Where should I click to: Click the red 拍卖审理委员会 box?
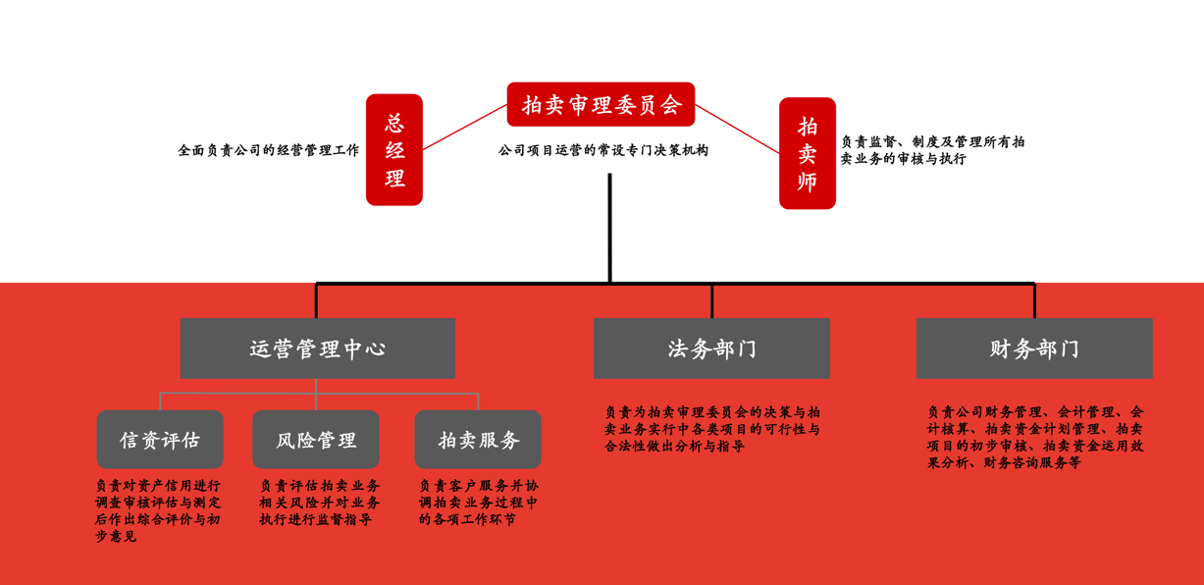pyautogui.click(x=601, y=104)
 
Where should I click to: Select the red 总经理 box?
pyautogui.click(x=394, y=150)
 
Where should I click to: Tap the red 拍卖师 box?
pyautogui.click(x=808, y=153)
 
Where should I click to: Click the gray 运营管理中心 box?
pyautogui.click(x=317, y=348)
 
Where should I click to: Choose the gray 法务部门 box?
pyautogui.click(x=711, y=348)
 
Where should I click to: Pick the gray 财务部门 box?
pyautogui.click(x=1034, y=348)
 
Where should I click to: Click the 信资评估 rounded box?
pyautogui.click(x=160, y=440)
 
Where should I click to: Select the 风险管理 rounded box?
pyautogui.click(x=316, y=440)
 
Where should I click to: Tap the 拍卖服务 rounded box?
pyautogui.click(x=478, y=440)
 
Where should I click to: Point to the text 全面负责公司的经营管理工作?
pyautogui.click(x=269, y=151)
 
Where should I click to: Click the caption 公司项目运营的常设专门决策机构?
pyautogui.click(x=602, y=151)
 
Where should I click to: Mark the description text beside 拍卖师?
pyautogui.click(x=932, y=150)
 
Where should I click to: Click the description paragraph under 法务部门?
pyautogui.click(x=712, y=429)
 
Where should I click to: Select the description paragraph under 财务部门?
pyautogui.click(x=1035, y=437)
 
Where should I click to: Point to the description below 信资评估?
pyautogui.click(x=158, y=510)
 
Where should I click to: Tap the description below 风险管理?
pyautogui.click(x=320, y=503)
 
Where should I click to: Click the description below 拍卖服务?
pyautogui.click(x=479, y=503)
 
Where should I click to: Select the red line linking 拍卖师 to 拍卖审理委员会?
pyautogui.click(x=737, y=128)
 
